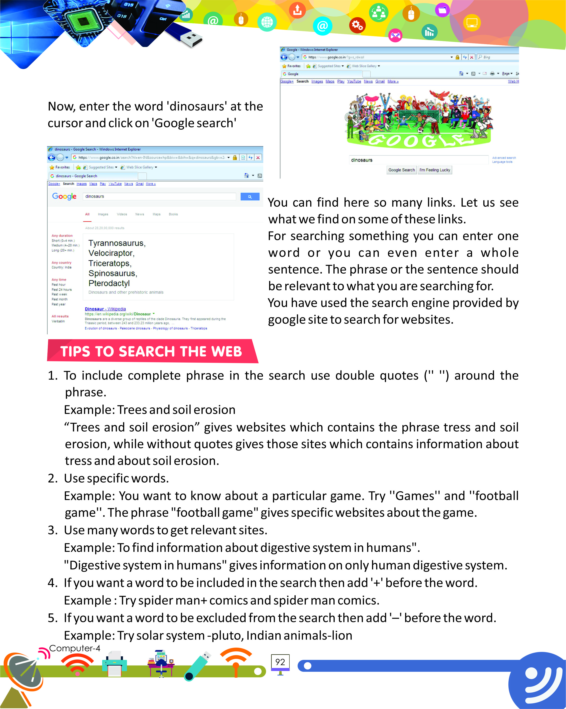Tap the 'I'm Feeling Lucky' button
point(434,170)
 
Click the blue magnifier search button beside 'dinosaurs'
point(250,197)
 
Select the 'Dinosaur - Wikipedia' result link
point(105,309)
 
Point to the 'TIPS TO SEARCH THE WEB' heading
point(151,351)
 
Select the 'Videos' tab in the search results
point(122,214)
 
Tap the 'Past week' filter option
point(59,294)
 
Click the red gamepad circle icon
point(395,35)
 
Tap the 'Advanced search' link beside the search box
point(504,158)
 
